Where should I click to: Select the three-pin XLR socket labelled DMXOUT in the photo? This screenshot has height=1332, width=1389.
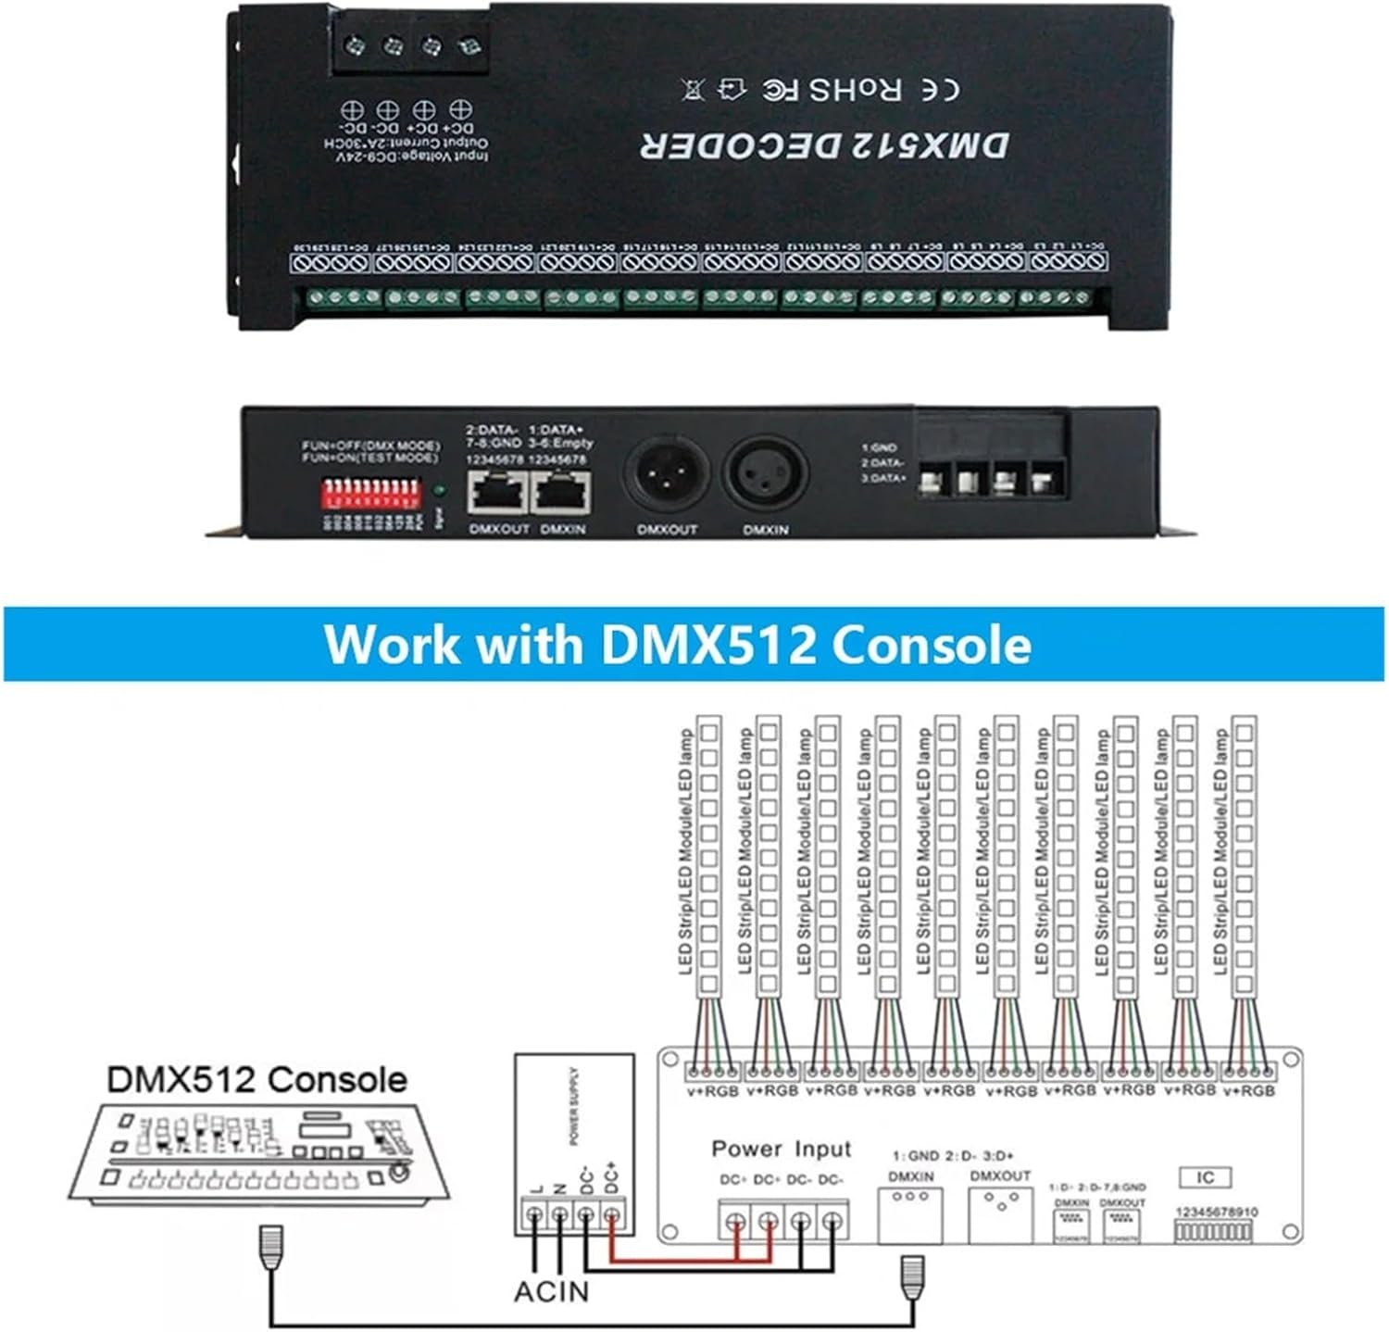(667, 478)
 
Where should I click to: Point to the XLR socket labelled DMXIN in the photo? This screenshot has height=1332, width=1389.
(765, 478)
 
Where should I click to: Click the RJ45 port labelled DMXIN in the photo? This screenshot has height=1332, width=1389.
(563, 492)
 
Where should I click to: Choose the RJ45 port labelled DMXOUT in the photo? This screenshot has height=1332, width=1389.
(498, 492)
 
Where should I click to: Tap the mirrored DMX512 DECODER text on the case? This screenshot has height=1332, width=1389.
(824, 145)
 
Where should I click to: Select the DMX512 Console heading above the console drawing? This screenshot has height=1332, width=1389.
(257, 1079)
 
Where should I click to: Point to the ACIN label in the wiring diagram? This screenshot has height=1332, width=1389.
(551, 1290)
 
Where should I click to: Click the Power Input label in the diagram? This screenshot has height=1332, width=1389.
(781, 1150)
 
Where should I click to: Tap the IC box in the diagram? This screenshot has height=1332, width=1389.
(1205, 1177)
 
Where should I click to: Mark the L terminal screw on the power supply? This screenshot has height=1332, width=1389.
(534, 1214)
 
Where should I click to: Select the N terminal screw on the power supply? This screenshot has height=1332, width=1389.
(559, 1214)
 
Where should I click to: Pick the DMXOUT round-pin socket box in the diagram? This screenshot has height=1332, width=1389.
(1000, 1214)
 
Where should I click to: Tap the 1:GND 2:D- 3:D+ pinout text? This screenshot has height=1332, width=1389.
(953, 1156)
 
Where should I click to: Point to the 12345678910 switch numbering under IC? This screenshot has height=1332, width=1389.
(1216, 1212)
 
